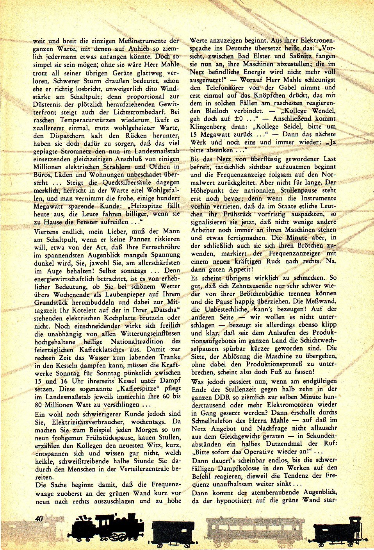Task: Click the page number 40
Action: (38, 519)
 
